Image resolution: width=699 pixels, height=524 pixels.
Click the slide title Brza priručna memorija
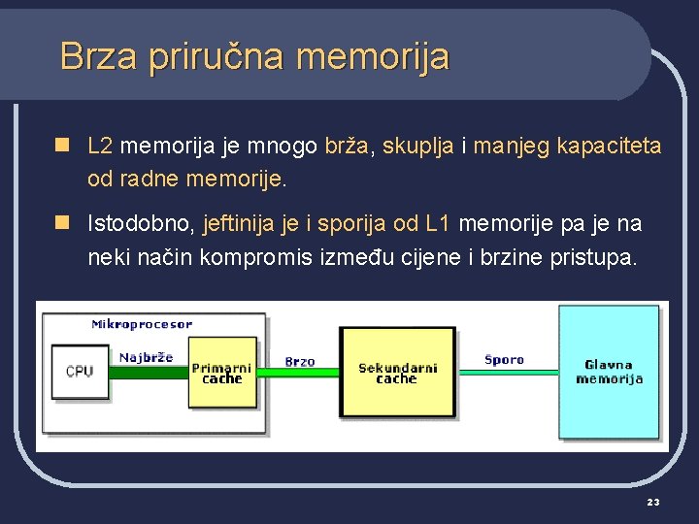[x=254, y=56]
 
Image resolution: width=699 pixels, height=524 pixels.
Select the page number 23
[x=652, y=501]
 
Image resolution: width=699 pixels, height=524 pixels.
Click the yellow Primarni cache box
[x=222, y=374]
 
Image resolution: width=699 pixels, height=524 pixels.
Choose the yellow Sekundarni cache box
[x=397, y=373]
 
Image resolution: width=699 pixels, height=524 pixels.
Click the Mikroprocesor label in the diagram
[x=142, y=323]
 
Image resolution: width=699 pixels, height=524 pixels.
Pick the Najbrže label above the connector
[x=146, y=357]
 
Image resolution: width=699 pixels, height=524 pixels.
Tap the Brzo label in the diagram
[x=300, y=361]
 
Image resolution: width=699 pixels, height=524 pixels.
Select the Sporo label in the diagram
[x=504, y=359]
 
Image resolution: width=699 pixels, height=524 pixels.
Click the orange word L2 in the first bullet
[x=100, y=147]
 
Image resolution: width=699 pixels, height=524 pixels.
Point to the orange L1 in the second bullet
[x=438, y=224]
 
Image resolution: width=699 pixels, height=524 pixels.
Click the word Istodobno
[x=141, y=224]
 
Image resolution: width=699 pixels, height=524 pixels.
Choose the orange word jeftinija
[x=239, y=224]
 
